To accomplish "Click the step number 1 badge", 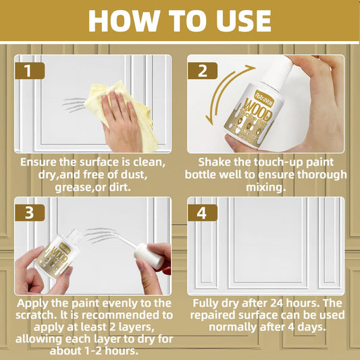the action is coord(30,70).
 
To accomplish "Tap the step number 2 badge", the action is coord(202,70).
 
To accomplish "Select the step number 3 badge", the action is coord(30,213).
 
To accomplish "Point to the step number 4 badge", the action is coord(202,213).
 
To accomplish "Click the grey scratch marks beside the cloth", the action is coord(74,105).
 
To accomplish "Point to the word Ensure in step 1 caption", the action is coord(38,162).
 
